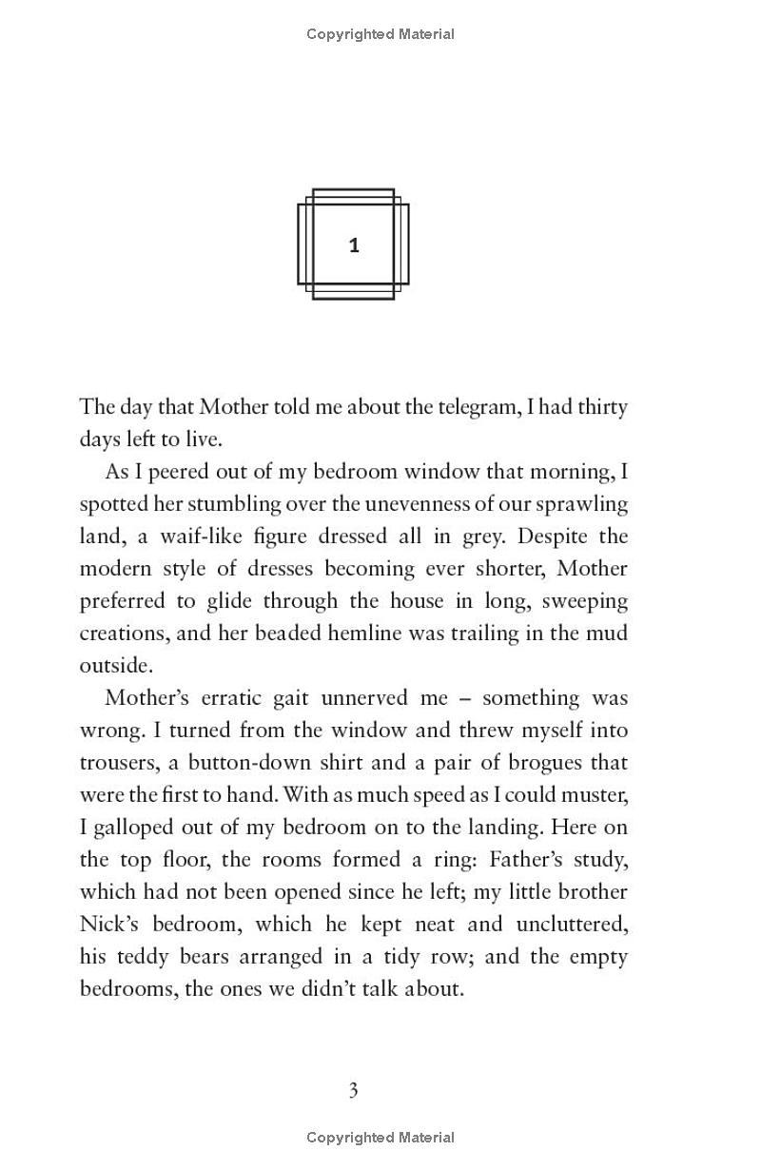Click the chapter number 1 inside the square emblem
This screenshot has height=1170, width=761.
point(354,245)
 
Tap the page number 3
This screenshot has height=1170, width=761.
point(353,1090)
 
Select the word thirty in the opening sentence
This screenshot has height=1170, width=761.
point(598,407)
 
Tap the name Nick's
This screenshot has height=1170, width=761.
point(105,925)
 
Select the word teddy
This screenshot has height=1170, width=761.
point(135,957)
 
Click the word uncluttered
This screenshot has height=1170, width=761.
point(573,925)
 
